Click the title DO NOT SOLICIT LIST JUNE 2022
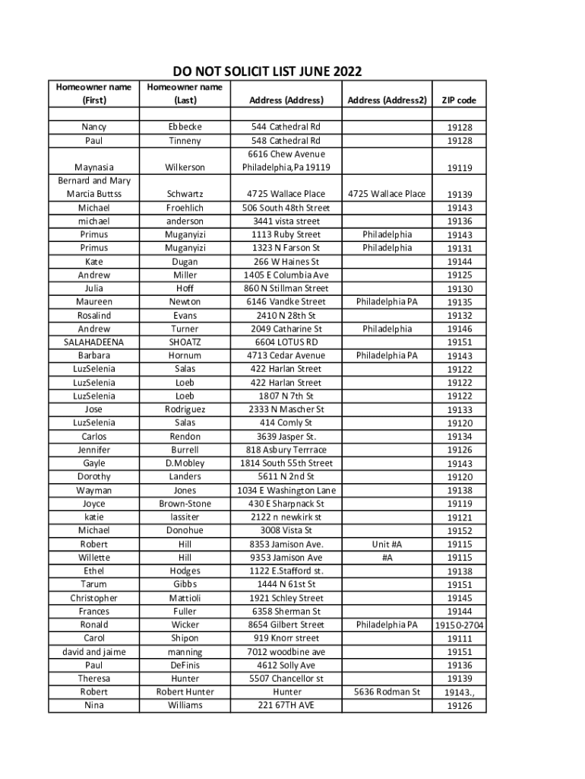point(267,72)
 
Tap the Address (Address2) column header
point(386,100)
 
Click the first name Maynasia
point(93,167)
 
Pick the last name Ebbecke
point(185,127)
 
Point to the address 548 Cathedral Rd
point(286,141)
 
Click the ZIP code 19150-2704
point(460,625)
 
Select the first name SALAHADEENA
point(93,342)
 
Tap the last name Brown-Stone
point(185,504)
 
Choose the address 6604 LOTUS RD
point(286,342)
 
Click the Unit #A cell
point(386,545)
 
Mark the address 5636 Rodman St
point(386,692)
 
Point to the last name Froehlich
point(185,208)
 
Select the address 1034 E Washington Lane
point(286,491)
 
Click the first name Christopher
point(93,598)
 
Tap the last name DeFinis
point(185,666)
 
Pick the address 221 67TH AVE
point(286,705)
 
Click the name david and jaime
point(93,652)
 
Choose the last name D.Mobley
point(185,463)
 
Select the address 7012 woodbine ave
point(286,652)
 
